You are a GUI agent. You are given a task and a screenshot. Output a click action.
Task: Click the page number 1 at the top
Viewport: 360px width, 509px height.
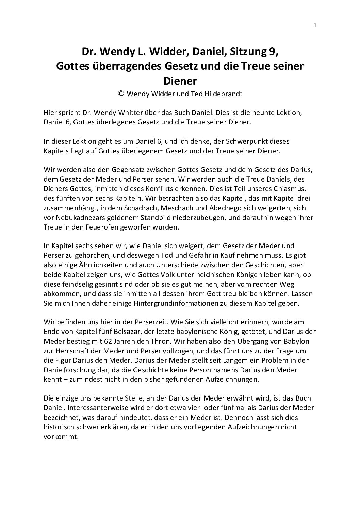pos(315,25)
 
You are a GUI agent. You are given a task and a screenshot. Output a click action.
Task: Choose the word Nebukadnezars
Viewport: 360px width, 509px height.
pos(78,217)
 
